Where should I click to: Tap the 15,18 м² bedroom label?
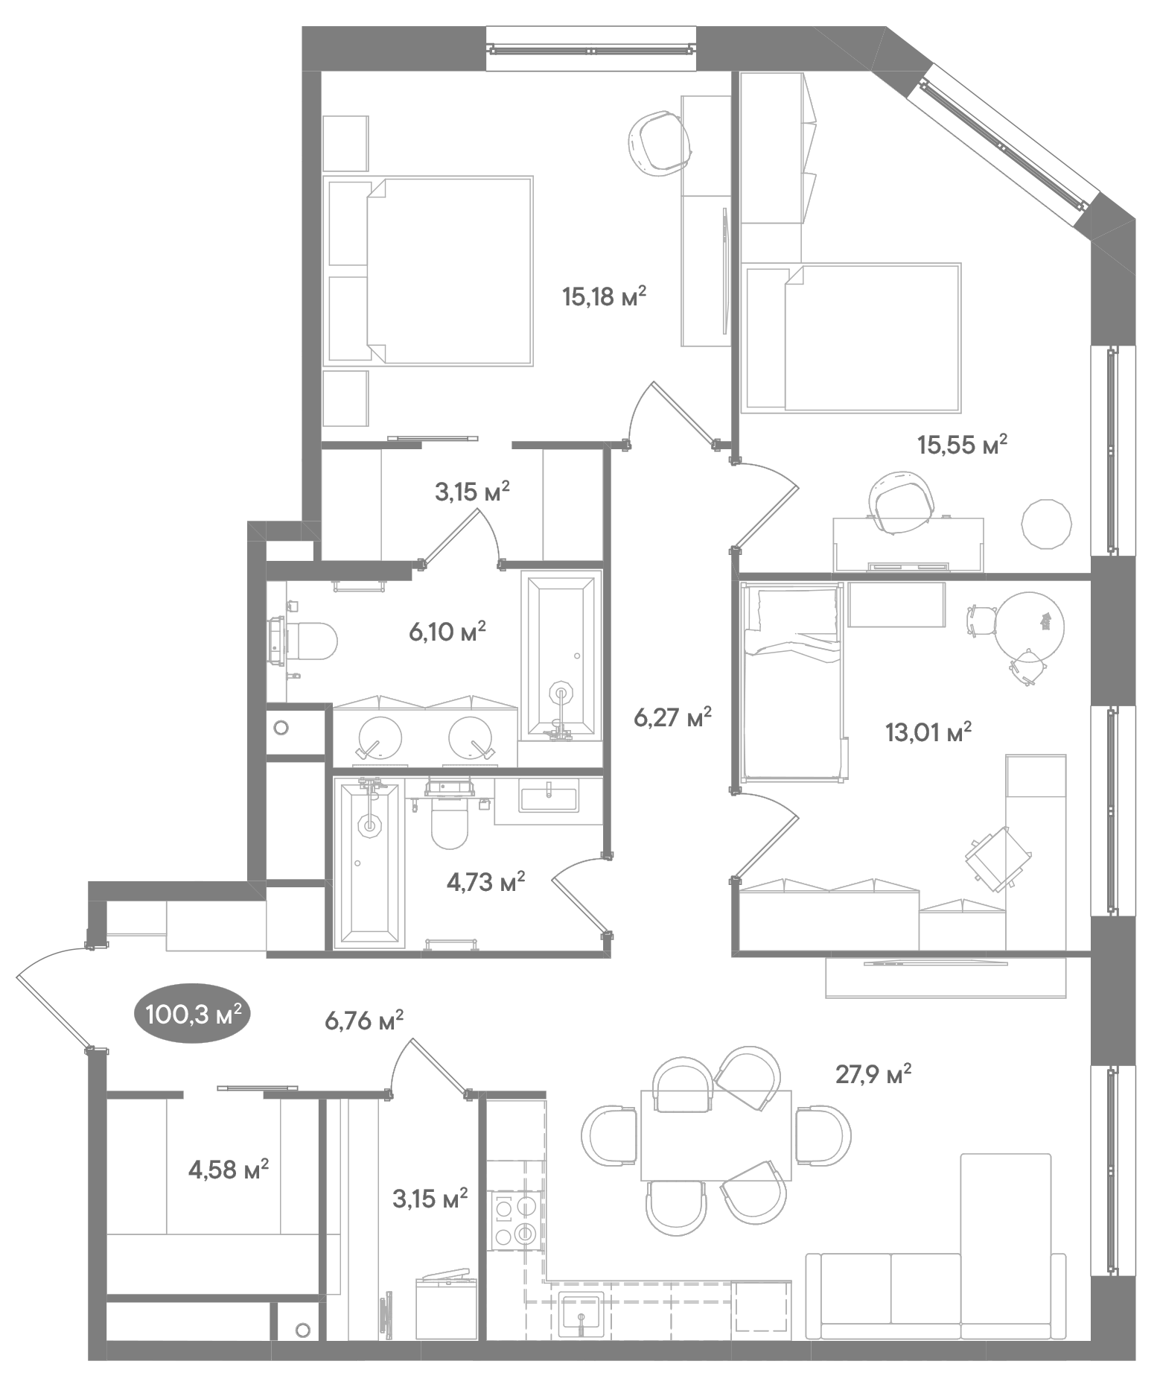coord(604,297)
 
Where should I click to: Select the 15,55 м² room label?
coord(962,445)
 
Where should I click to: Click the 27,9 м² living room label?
coord(873,1074)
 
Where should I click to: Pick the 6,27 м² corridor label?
coord(672,718)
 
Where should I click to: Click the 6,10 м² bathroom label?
coord(447,632)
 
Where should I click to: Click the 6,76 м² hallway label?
coord(364,1020)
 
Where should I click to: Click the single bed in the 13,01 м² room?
coord(793,682)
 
